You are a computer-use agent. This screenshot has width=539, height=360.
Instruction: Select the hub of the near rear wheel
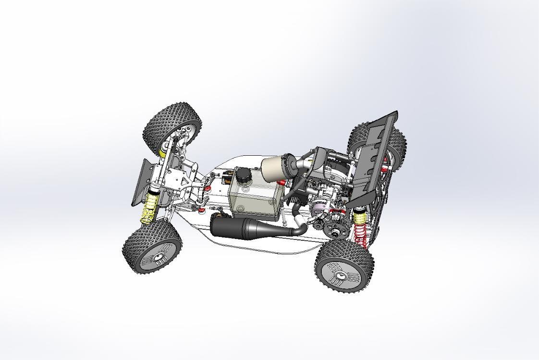coord(342,275)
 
